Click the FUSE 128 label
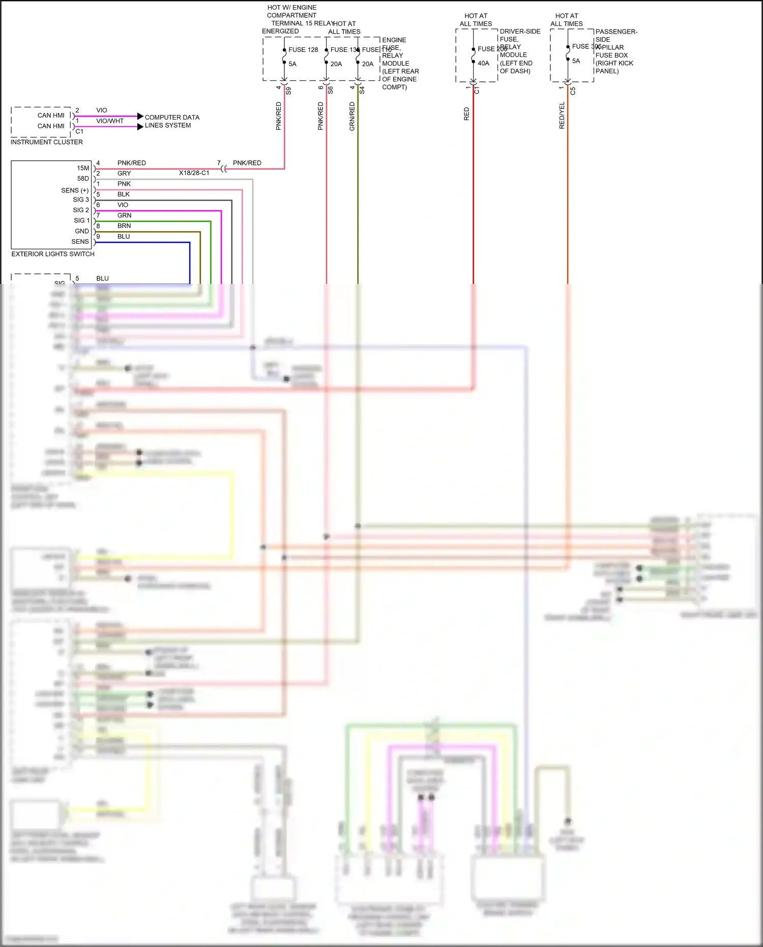(303, 50)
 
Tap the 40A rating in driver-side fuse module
(483, 64)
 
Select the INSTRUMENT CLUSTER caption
(46, 142)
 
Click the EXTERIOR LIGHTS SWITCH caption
(53, 254)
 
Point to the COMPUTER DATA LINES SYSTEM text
(171, 121)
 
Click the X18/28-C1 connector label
(194, 173)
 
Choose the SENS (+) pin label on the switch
(75, 190)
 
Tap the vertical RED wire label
(466, 114)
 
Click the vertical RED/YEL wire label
(562, 116)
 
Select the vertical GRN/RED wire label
(352, 117)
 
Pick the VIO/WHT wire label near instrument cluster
(110, 121)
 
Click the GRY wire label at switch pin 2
(124, 174)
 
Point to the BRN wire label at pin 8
(124, 226)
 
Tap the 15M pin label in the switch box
(83, 168)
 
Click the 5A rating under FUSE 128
(292, 64)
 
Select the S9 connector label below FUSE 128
(288, 91)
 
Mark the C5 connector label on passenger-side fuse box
(573, 91)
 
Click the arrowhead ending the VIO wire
(140, 117)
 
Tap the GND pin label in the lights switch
(81, 231)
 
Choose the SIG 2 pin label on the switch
(80, 210)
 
